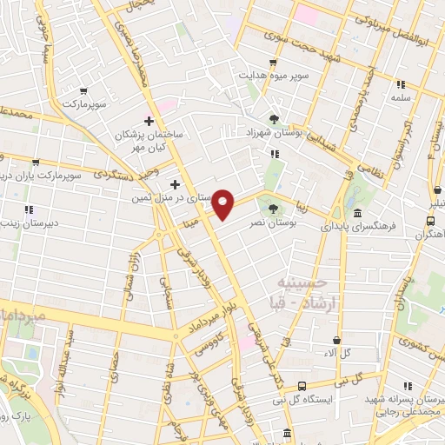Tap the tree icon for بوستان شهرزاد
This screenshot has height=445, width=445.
(x=274, y=118)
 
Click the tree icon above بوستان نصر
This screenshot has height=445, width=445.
(x=274, y=209)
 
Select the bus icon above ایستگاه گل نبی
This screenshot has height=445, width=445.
(x=302, y=385)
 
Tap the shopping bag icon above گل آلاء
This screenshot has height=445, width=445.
(x=336, y=340)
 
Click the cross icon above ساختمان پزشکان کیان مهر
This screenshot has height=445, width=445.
(x=149, y=121)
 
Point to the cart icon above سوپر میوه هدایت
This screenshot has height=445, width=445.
(x=274, y=63)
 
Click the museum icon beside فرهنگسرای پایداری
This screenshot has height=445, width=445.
(x=358, y=215)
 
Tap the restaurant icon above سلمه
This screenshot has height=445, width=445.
(x=401, y=84)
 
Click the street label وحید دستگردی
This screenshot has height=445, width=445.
(x=130, y=169)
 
